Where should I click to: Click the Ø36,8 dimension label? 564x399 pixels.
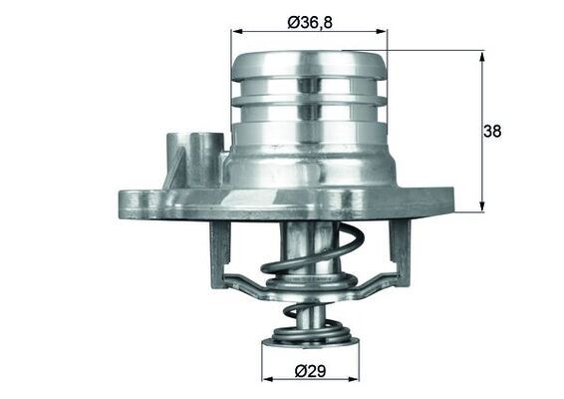[x=308, y=22]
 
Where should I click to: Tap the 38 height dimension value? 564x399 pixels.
[x=491, y=131]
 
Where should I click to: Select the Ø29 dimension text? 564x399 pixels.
[x=311, y=372]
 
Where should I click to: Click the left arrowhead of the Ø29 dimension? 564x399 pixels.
[x=267, y=379]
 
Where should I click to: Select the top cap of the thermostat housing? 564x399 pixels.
[x=308, y=64]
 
